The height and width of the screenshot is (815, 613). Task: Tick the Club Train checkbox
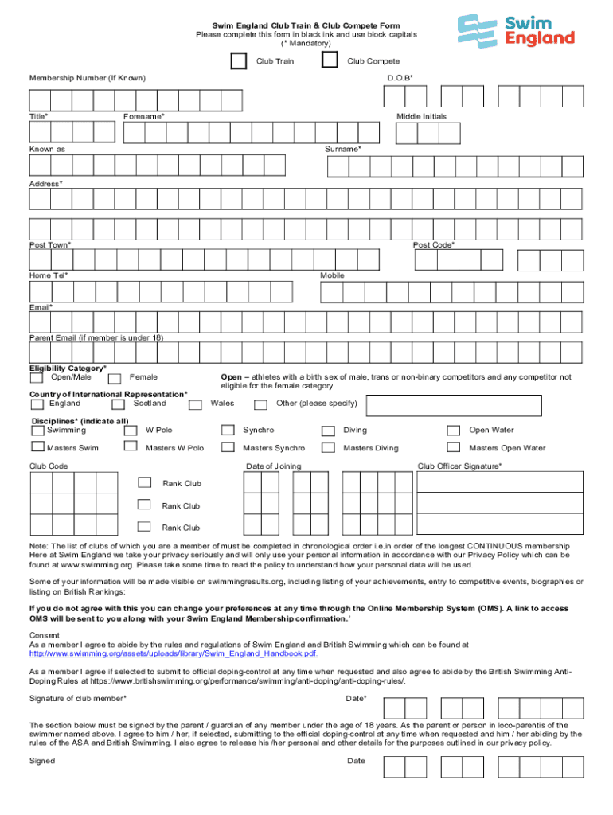(238, 61)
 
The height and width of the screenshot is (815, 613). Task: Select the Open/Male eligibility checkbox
(37, 378)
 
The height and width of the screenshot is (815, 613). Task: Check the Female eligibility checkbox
(115, 378)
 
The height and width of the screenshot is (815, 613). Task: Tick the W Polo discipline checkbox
(131, 431)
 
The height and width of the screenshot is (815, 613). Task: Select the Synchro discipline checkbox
(229, 431)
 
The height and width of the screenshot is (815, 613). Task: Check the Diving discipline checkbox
(328, 431)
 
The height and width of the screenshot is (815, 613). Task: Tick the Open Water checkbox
(454, 431)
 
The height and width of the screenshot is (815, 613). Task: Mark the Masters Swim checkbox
(37, 448)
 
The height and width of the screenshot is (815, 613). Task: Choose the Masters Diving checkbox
(328, 448)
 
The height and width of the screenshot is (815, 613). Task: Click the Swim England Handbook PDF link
(174, 653)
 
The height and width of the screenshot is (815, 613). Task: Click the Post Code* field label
(434, 245)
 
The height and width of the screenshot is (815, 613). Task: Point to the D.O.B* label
(400, 78)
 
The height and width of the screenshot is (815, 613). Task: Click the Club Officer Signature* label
(459, 466)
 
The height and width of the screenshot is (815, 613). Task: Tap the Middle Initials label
(421, 116)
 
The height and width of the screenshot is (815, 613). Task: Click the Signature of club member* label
(77, 698)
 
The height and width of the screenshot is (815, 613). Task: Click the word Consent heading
(45, 635)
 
